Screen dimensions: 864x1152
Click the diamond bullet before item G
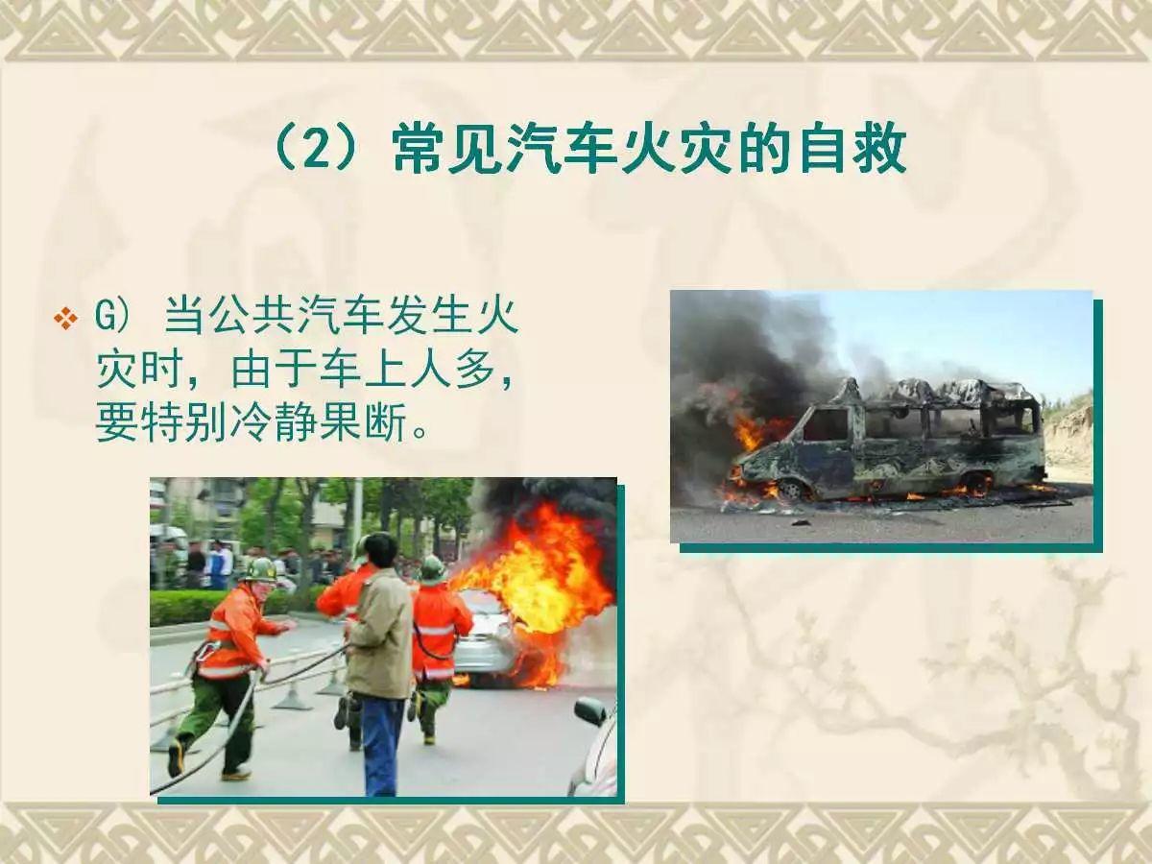pyautogui.click(x=66, y=318)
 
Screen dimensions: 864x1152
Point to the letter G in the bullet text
pyautogui.click(x=105, y=318)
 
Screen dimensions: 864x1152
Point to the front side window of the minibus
pyautogui.click(x=825, y=424)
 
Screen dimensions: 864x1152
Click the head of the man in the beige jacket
pyautogui.click(x=380, y=549)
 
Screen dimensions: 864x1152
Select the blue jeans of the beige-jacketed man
pyautogui.click(x=382, y=744)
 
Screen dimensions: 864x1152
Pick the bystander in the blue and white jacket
pyautogui.click(x=219, y=564)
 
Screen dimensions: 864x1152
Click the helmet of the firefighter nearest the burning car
pyautogui.click(x=432, y=568)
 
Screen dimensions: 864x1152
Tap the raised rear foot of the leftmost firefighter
pyautogui.click(x=177, y=758)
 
